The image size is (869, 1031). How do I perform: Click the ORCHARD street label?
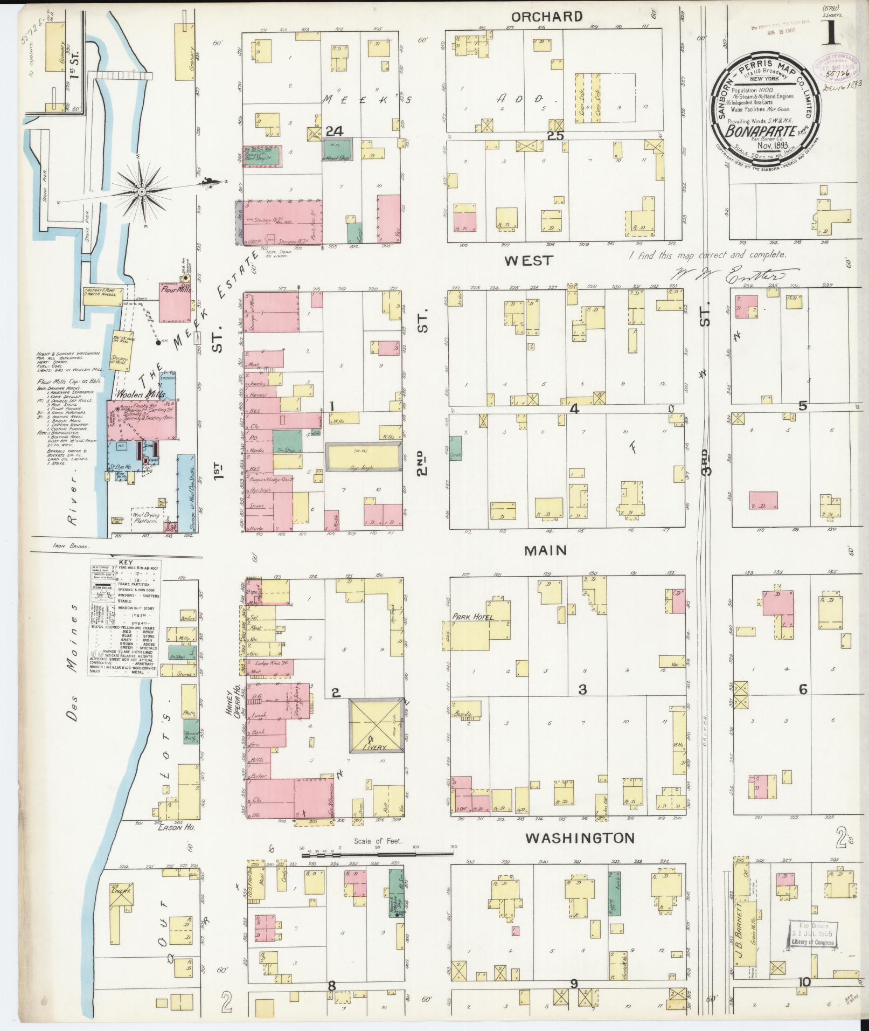click(547, 17)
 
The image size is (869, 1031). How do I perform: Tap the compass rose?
click(141, 191)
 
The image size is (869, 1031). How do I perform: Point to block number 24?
click(334, 131)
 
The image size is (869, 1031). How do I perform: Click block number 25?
click(555, 136)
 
